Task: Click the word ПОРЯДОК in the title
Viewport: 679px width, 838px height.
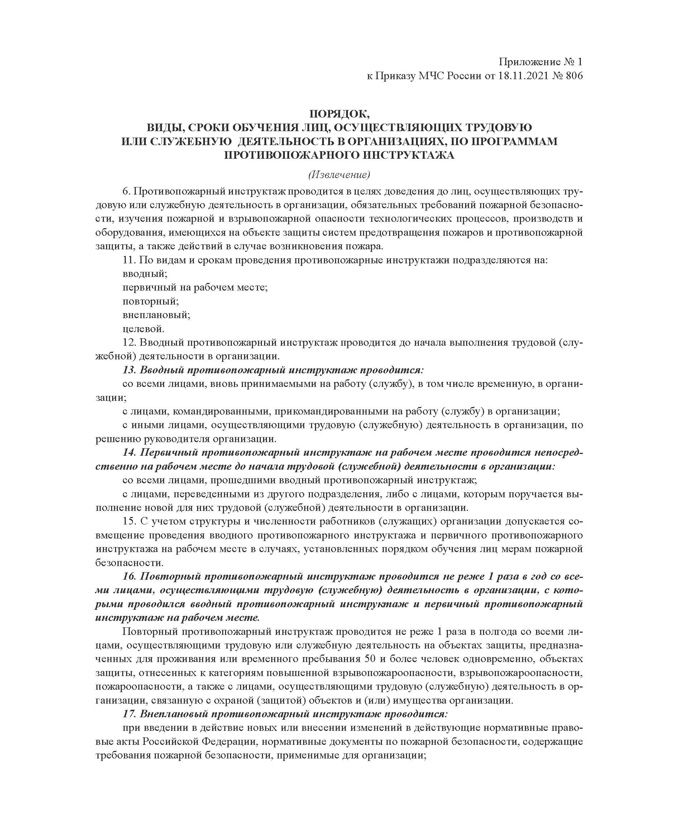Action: [x=339, y=114]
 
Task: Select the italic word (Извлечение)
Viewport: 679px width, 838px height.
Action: [x=339, y=174]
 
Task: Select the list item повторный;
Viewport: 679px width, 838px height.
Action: [x=150, y=301]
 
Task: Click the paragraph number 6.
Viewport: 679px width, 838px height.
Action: [x=126, y=192]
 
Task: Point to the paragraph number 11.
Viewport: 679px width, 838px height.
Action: [x=129, y=260]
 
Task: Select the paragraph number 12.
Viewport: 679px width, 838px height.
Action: [x=129, y=343]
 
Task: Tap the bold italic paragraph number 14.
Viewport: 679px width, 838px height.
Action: [x=129, y=452]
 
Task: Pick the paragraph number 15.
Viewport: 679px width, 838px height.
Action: [x=129, y=521]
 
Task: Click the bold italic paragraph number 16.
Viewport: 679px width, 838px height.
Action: [x=129, y=576]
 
